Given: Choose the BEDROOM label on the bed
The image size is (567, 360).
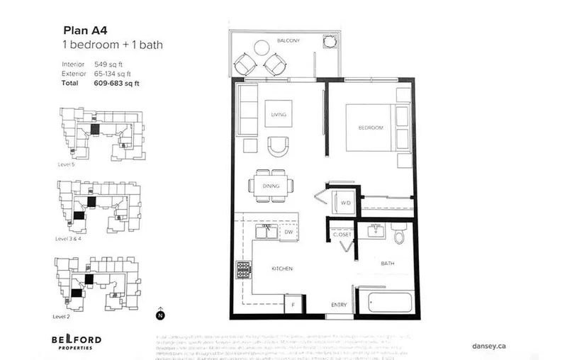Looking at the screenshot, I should pos(370,128).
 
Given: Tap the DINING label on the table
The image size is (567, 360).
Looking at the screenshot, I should pos(270,186).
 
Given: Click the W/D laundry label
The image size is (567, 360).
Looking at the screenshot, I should pos(345,203).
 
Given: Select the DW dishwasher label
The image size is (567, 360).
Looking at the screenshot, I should pos(288,232).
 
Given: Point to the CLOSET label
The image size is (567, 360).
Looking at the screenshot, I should pos(343,234).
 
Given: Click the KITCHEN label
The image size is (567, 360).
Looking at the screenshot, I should pos(282,269).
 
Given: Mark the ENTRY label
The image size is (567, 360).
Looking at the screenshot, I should pos(339,305).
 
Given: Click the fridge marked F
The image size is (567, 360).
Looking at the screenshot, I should pos(293,305).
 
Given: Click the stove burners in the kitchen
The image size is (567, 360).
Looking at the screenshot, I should pos(244,269).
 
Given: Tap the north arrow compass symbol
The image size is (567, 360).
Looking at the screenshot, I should pos(160,315).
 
